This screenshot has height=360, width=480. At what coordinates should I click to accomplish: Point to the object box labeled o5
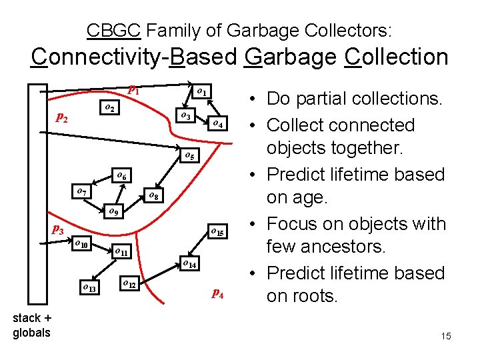click(189, 156)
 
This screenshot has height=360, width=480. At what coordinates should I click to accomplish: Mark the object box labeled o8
click(153, 196)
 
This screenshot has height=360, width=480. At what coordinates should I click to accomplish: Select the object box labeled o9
click(113, 213)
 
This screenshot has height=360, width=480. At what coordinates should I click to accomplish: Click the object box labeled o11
click(121, 253)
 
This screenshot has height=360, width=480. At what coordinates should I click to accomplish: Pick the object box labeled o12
click(130, 285)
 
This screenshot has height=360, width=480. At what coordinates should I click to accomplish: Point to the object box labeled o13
click(88, 288)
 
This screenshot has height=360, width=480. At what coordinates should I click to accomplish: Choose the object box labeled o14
click(189, 264)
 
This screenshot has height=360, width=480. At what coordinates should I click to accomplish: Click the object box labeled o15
click(219, 232)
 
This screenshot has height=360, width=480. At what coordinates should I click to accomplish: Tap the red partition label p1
click(134, 89)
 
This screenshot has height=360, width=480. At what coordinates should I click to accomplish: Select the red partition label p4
click(217, 293)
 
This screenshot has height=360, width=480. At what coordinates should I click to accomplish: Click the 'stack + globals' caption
click(31, 325)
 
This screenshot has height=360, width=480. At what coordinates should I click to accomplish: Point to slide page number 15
click(445, 336)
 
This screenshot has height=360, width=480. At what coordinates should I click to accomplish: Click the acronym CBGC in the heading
click(114, 30)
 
